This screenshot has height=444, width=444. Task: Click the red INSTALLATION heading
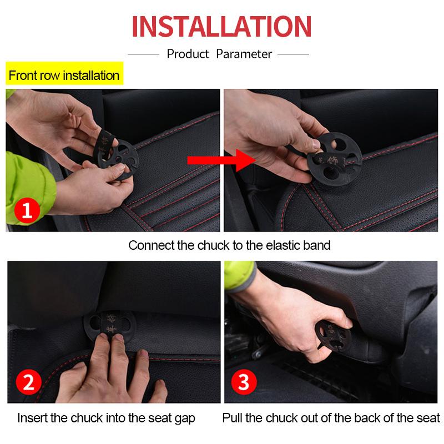[221, 27]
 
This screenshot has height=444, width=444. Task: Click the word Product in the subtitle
[188, 54]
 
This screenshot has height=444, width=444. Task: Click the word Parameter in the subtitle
[244, 54]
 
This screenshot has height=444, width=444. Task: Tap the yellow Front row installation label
[64, 75]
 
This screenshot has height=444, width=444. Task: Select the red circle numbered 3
[244, 384]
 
